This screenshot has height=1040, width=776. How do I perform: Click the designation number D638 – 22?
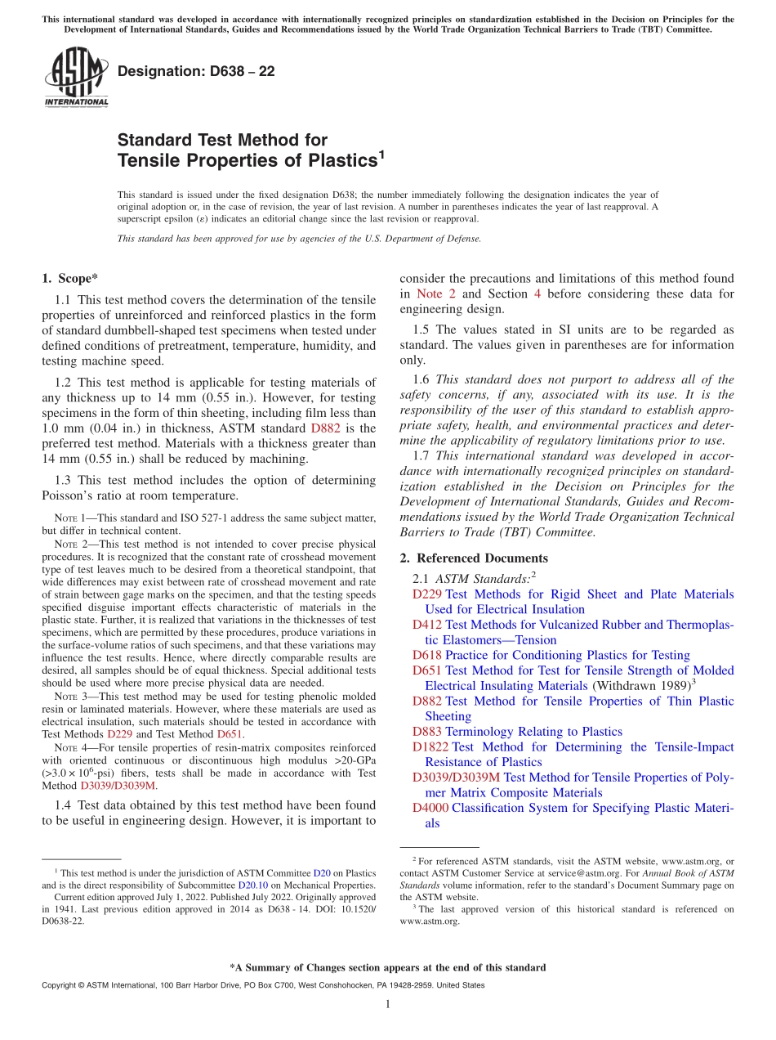click(x=196, y=71)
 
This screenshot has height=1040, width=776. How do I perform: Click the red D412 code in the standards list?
click(x=427, y=625)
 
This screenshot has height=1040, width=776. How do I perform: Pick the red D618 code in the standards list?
click(x=427, y=655)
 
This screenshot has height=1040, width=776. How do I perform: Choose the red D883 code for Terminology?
click(x=427, y=732)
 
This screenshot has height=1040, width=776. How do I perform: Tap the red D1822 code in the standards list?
click(x=430, y=747)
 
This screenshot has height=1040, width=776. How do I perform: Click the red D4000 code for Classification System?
click(x=430, y=808)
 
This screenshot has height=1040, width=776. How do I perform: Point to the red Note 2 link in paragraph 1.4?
click(x=430, y=294)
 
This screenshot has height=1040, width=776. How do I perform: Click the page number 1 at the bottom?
click(x=388, y=1004)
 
